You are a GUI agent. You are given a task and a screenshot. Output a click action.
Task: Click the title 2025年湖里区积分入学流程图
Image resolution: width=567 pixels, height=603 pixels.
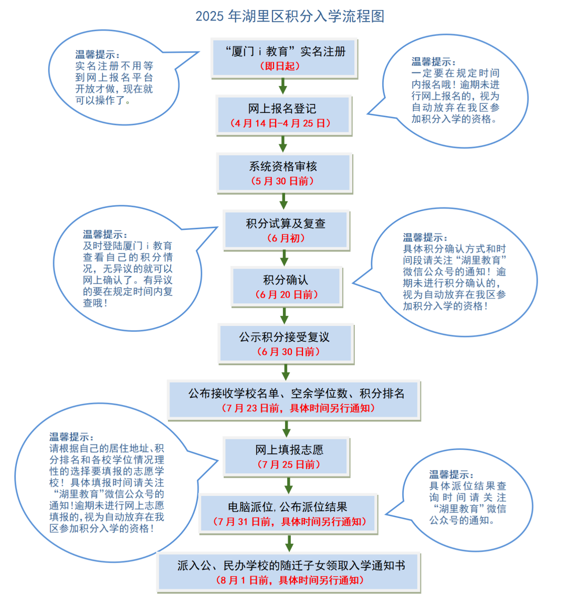(290, 16)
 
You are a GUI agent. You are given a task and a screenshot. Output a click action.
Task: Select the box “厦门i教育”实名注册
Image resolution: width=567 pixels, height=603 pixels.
(284, 58)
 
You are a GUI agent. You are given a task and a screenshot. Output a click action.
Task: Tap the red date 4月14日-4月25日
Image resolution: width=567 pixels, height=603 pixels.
(280, 123)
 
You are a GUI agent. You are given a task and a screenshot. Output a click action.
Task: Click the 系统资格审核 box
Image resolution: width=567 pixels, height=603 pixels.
(285, 173)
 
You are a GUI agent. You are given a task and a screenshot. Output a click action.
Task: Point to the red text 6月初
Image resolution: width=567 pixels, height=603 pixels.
(286, 238)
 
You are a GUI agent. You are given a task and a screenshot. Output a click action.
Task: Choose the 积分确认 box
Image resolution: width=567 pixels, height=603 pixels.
(287, 287)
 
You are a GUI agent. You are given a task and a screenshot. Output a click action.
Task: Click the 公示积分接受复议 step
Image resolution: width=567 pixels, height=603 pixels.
(286, 344)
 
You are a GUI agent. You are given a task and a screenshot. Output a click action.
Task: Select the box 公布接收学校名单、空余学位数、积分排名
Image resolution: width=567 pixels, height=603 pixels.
(295, 400)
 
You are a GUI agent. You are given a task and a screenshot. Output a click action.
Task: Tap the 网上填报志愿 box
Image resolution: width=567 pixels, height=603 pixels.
(287, 457)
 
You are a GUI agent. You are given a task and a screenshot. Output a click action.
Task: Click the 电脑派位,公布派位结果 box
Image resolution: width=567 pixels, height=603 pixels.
(289, 514)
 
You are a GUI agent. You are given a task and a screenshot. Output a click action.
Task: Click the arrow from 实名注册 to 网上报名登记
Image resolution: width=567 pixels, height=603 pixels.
(283, 87)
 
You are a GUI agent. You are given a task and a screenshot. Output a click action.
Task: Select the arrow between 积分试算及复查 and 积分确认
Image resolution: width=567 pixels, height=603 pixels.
(284, 258)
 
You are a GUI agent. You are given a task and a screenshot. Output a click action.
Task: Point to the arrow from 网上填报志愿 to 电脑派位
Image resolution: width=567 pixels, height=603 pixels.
(289, 485)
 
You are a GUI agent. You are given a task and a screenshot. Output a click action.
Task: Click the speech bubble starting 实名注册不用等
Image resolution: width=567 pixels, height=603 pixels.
(115, 78)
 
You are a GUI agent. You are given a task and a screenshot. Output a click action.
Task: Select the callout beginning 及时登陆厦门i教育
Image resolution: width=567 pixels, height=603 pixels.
(129, 268)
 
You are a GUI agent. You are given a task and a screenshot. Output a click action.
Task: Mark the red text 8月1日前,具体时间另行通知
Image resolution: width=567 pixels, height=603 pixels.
(290, 580)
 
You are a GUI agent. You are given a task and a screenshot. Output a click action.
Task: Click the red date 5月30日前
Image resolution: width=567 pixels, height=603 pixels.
(282, 181)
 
